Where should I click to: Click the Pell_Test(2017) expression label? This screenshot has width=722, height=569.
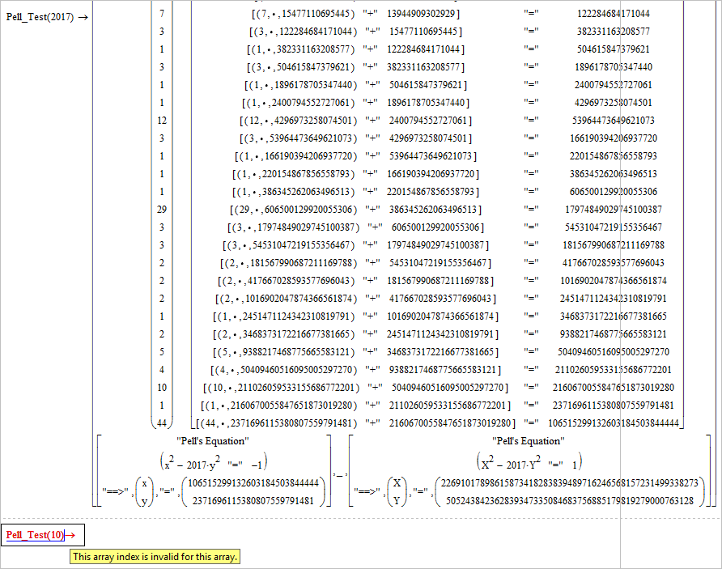40,17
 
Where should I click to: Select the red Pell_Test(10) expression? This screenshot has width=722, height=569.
35,534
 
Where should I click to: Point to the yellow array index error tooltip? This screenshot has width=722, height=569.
155,557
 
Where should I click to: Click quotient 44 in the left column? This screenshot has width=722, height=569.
162,423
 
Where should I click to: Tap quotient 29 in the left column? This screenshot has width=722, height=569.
162,209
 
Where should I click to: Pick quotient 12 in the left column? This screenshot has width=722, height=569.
162,120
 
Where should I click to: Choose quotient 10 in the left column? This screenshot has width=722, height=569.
162,387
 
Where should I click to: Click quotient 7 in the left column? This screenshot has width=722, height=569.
162,13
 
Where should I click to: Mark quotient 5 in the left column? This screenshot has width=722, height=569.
162,352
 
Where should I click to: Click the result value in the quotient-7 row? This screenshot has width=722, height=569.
614,14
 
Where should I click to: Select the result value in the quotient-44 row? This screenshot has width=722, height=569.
614,423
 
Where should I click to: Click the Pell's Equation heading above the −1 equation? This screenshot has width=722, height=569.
213,441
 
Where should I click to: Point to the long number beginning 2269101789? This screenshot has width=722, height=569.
570,483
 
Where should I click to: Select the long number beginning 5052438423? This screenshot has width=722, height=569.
570,500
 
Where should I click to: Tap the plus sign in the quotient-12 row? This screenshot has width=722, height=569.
372,120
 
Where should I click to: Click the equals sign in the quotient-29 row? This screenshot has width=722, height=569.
531,209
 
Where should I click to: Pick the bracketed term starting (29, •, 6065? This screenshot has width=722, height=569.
293,210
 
